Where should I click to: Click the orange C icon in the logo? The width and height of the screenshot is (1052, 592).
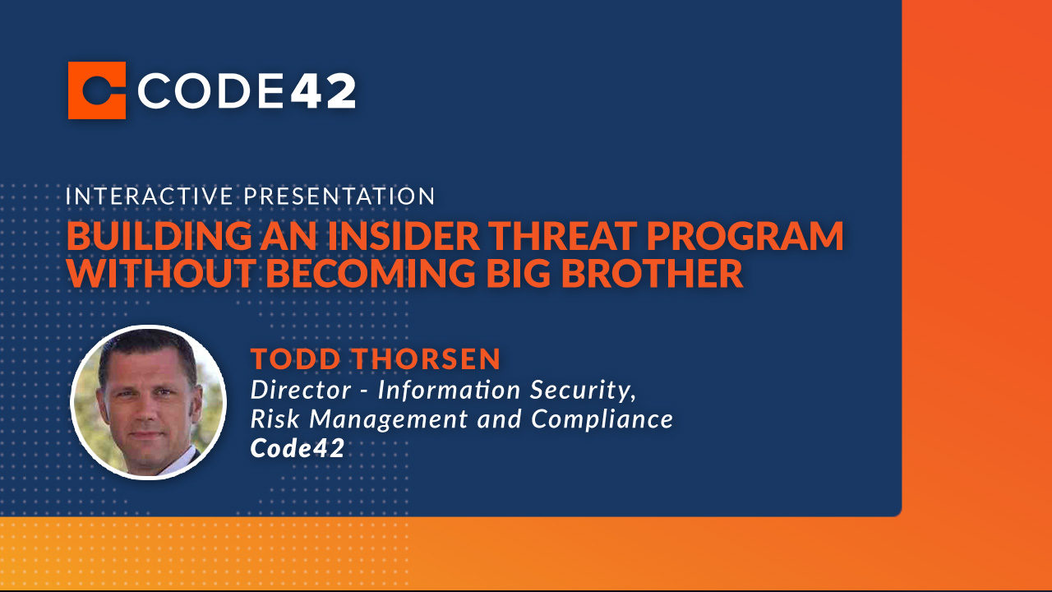click(x=97, y=90)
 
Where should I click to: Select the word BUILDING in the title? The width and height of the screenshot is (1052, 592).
click(x=139, y=236)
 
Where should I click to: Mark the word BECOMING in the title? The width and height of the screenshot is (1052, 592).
click(x=370, y=274)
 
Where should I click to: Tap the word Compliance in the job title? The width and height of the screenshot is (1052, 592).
click(x=602, y=419)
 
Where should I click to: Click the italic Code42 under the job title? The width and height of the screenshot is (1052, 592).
click(x=297, y=449)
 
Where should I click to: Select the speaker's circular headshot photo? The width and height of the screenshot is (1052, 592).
click(x=148, y=402)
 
